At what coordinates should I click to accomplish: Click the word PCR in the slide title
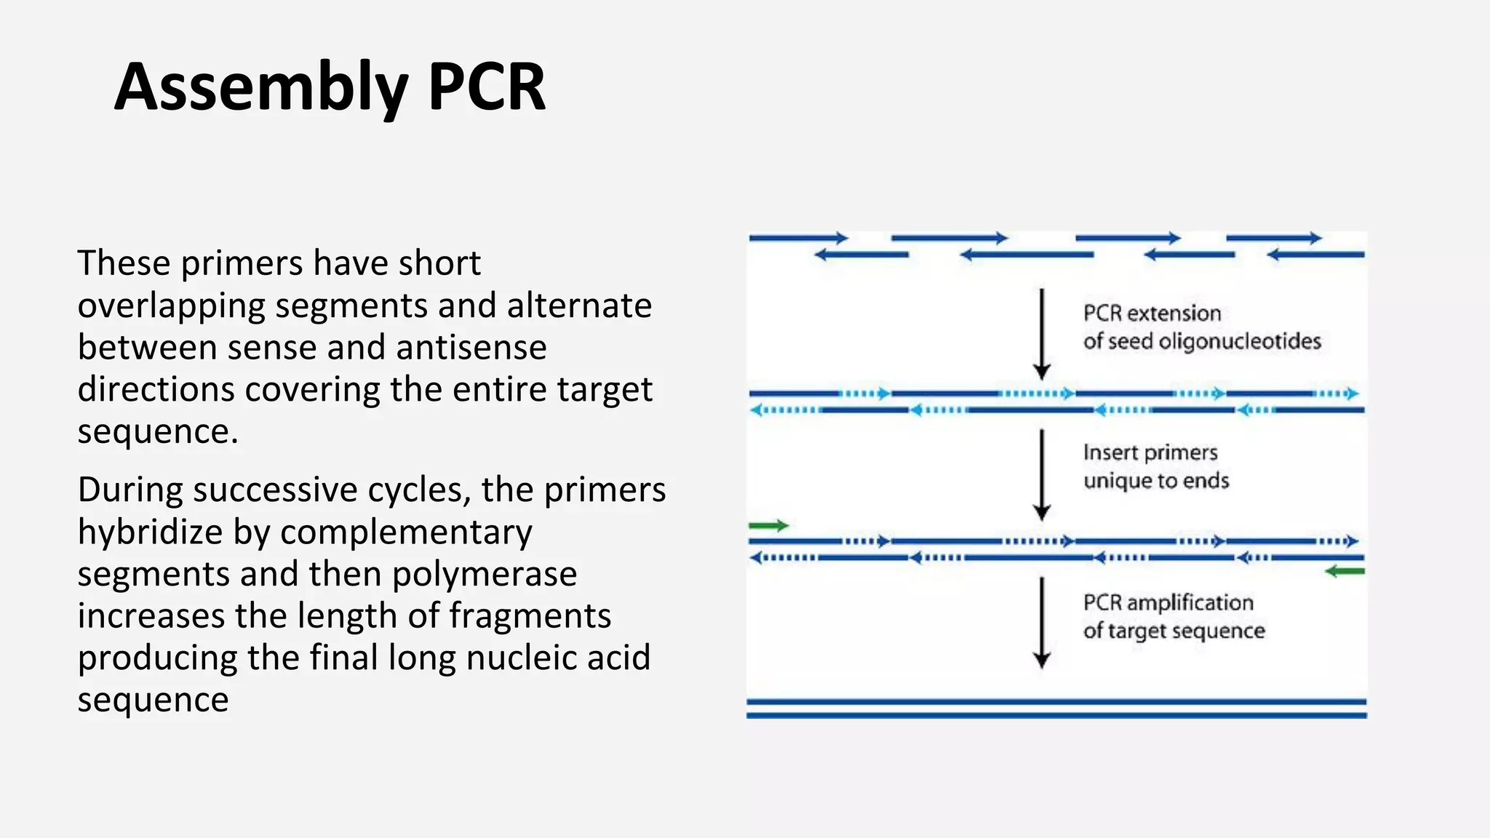[486, 87]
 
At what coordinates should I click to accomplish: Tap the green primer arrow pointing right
[768, 525]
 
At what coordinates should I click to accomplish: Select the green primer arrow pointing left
[1344, 572]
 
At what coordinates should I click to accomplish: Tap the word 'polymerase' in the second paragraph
[484, 574]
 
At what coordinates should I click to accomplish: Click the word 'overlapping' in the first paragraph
[171, 306]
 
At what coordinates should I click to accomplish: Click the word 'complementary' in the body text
[406, 532]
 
